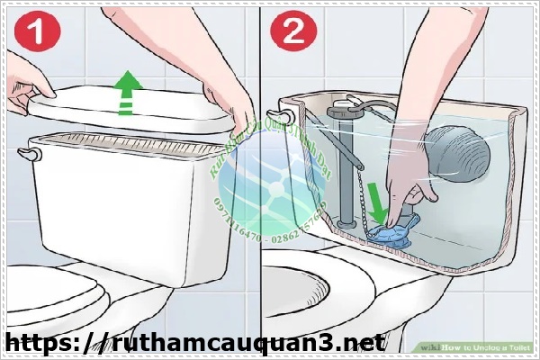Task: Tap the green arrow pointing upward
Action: click(x=132, y=94)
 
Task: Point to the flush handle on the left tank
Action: click(x=33, y=154)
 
